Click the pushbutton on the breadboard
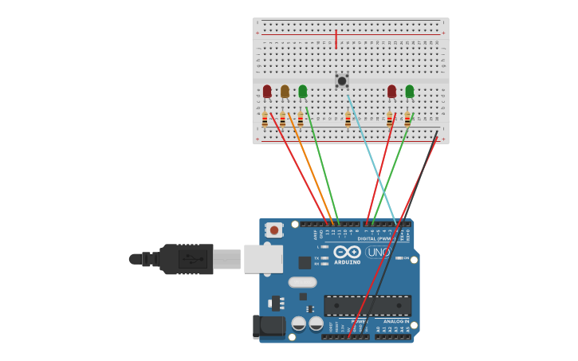[x=342, y=80]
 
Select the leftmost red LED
[x=267, y=92]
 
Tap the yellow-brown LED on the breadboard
[x=285, y=92]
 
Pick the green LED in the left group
[x=302, y=92]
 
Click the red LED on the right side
[x=391, y=92]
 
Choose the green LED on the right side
[x=409, y=92]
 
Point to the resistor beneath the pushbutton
[x=348, y=120]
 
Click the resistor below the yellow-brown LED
[x=282, y=120]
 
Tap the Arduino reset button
[x=274, y=230]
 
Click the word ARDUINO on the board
[x=347, y=262]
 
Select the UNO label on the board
[x=378, y=253]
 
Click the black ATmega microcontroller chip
[x=368, y=305]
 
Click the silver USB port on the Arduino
[x=263, y=259]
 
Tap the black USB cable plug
[x=187, y=259]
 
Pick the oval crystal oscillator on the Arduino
[x=302, y=282]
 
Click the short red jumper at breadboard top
[x=336, y=39]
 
